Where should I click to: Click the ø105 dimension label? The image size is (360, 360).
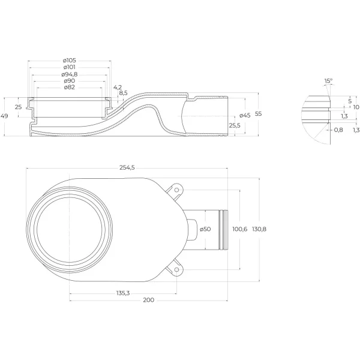(70, 61)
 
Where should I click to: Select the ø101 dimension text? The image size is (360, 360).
(70, 67)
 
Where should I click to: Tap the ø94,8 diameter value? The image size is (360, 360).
(70, 74)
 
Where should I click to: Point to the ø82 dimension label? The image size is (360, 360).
(70, 88)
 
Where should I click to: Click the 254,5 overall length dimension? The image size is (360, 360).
(127, 168)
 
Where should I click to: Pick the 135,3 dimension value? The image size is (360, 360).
(123, 293)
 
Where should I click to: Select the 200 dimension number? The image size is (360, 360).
(149, 300)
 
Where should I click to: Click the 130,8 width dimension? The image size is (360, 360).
(259, 229)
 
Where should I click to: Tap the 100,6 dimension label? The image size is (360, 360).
(240, 229)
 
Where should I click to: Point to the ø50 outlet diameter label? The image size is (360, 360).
(205, 229)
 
